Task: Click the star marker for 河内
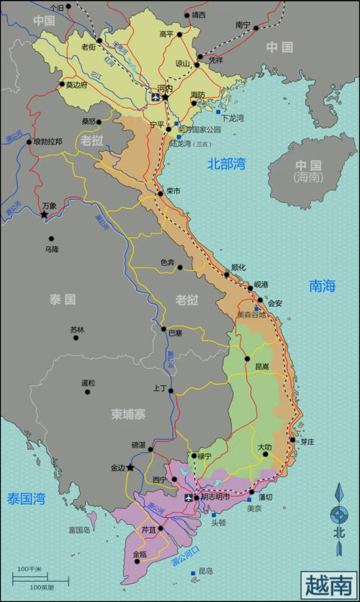pyautogui.click(x=166, y=96)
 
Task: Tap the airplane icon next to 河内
pyautogui.click(x=154, y=96)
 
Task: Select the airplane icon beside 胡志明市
pyautogui.click(x=189, y=498)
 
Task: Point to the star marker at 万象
pyautogui.click(x=45, y=215)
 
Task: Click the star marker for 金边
pyautogui.click(x=130, y=467)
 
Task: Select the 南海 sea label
pyautogui.click(x=323, y=286)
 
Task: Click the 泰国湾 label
pyautogui.click(x=27, y=498)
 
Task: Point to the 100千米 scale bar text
pyautogui.click(x=30, y=570)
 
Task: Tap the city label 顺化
pyautogui.click(x=238, y=267)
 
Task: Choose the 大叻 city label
pyautogui.click(x=265, y=447)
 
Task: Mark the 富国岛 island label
pyautogui.click(x=79, y=530)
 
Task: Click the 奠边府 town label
pyautogui.click(x=76, y=84)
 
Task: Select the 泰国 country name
pyautogui.click(x=63, y=299)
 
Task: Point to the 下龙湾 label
pyautogui.click(x=233, y=118)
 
